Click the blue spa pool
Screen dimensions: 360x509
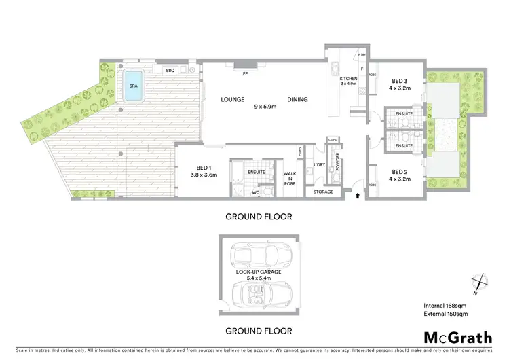(x=133, y=88)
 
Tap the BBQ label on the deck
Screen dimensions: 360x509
(x=170, y=69)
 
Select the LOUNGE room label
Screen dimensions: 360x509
(x=232, y=99)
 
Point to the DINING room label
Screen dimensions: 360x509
(x=297, y=99)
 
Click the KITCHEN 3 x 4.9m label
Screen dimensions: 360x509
(x=348, y=82)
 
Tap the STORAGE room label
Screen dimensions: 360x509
(x=323, y=192)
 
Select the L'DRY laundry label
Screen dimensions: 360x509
(x=318, y=165)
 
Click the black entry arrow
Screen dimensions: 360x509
(x=358, y=197)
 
